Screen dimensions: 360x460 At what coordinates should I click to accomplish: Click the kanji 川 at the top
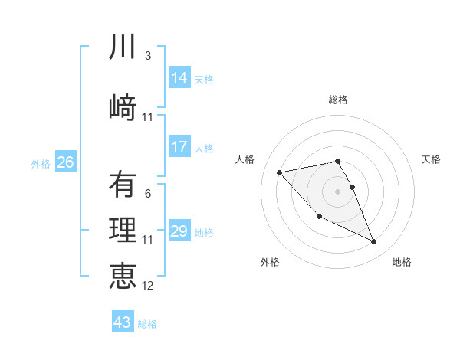[123, 47]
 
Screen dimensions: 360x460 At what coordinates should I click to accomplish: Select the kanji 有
[123, 185]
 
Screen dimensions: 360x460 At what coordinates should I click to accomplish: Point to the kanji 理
[123, 231]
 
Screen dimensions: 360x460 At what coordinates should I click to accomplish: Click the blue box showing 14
[179, 78]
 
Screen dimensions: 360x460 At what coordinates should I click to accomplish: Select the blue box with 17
[179, 147]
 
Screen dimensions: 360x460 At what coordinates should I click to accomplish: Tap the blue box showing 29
[179, 231]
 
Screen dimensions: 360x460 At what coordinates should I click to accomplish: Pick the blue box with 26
[66, 162]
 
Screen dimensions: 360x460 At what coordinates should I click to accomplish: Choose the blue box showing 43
[123, 322]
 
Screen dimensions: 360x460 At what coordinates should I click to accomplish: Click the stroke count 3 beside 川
[147, 56]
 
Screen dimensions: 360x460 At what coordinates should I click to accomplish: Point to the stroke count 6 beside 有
[147, 194]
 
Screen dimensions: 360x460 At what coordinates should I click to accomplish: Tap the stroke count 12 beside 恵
[147, 286]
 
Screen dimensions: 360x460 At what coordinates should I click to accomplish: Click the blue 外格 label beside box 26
[41, 163]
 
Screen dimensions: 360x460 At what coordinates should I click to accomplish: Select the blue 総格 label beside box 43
[147, 324]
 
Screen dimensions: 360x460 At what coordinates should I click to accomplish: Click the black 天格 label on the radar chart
[431, 159]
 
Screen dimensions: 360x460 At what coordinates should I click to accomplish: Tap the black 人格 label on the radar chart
[245, 159]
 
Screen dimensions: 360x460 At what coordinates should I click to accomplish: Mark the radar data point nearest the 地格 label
[374, 242]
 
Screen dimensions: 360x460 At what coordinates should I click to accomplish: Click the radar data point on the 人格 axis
[280, 172]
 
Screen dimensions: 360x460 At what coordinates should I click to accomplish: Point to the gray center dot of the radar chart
[337, 191]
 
